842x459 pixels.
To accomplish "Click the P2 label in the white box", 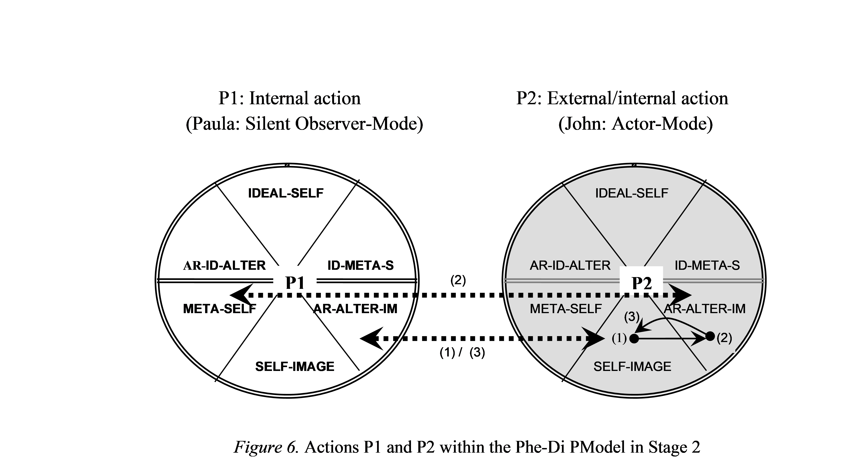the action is click(x=642, y=283).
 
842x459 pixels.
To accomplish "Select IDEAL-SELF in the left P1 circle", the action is click(x=286, y=193).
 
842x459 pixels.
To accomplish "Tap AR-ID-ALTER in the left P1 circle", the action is click(x=225, y=266).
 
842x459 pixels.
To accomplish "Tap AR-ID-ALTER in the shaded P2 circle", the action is click(x=570, y=266).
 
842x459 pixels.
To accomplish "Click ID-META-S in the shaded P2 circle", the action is click(x=707, y=266).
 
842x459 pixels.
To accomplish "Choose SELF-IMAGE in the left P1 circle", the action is click(x=295, y=367).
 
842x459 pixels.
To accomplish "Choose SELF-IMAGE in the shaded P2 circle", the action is click(x=632, y=367).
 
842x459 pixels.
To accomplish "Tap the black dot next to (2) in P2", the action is click(x=710, y=336).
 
